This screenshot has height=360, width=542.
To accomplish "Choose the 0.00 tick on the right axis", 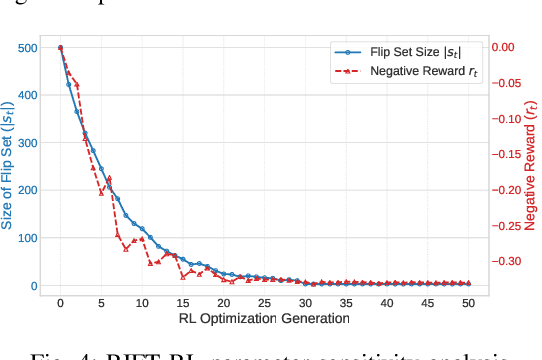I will (507, 47).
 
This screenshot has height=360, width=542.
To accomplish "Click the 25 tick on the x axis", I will (264, 301).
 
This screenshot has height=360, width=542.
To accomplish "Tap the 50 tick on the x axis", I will (468, 301).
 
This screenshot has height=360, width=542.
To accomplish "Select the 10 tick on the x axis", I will (142, 301).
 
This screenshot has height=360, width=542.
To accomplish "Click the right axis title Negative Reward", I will (531, 166).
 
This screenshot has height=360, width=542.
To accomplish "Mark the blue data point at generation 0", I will (60, 47).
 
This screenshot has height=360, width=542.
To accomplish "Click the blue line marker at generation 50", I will (468, 284).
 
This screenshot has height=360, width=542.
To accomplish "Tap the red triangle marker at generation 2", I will (77, 85).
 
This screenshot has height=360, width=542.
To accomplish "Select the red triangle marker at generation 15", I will (183, 275).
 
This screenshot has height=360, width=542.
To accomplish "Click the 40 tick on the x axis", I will (386, 301).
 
